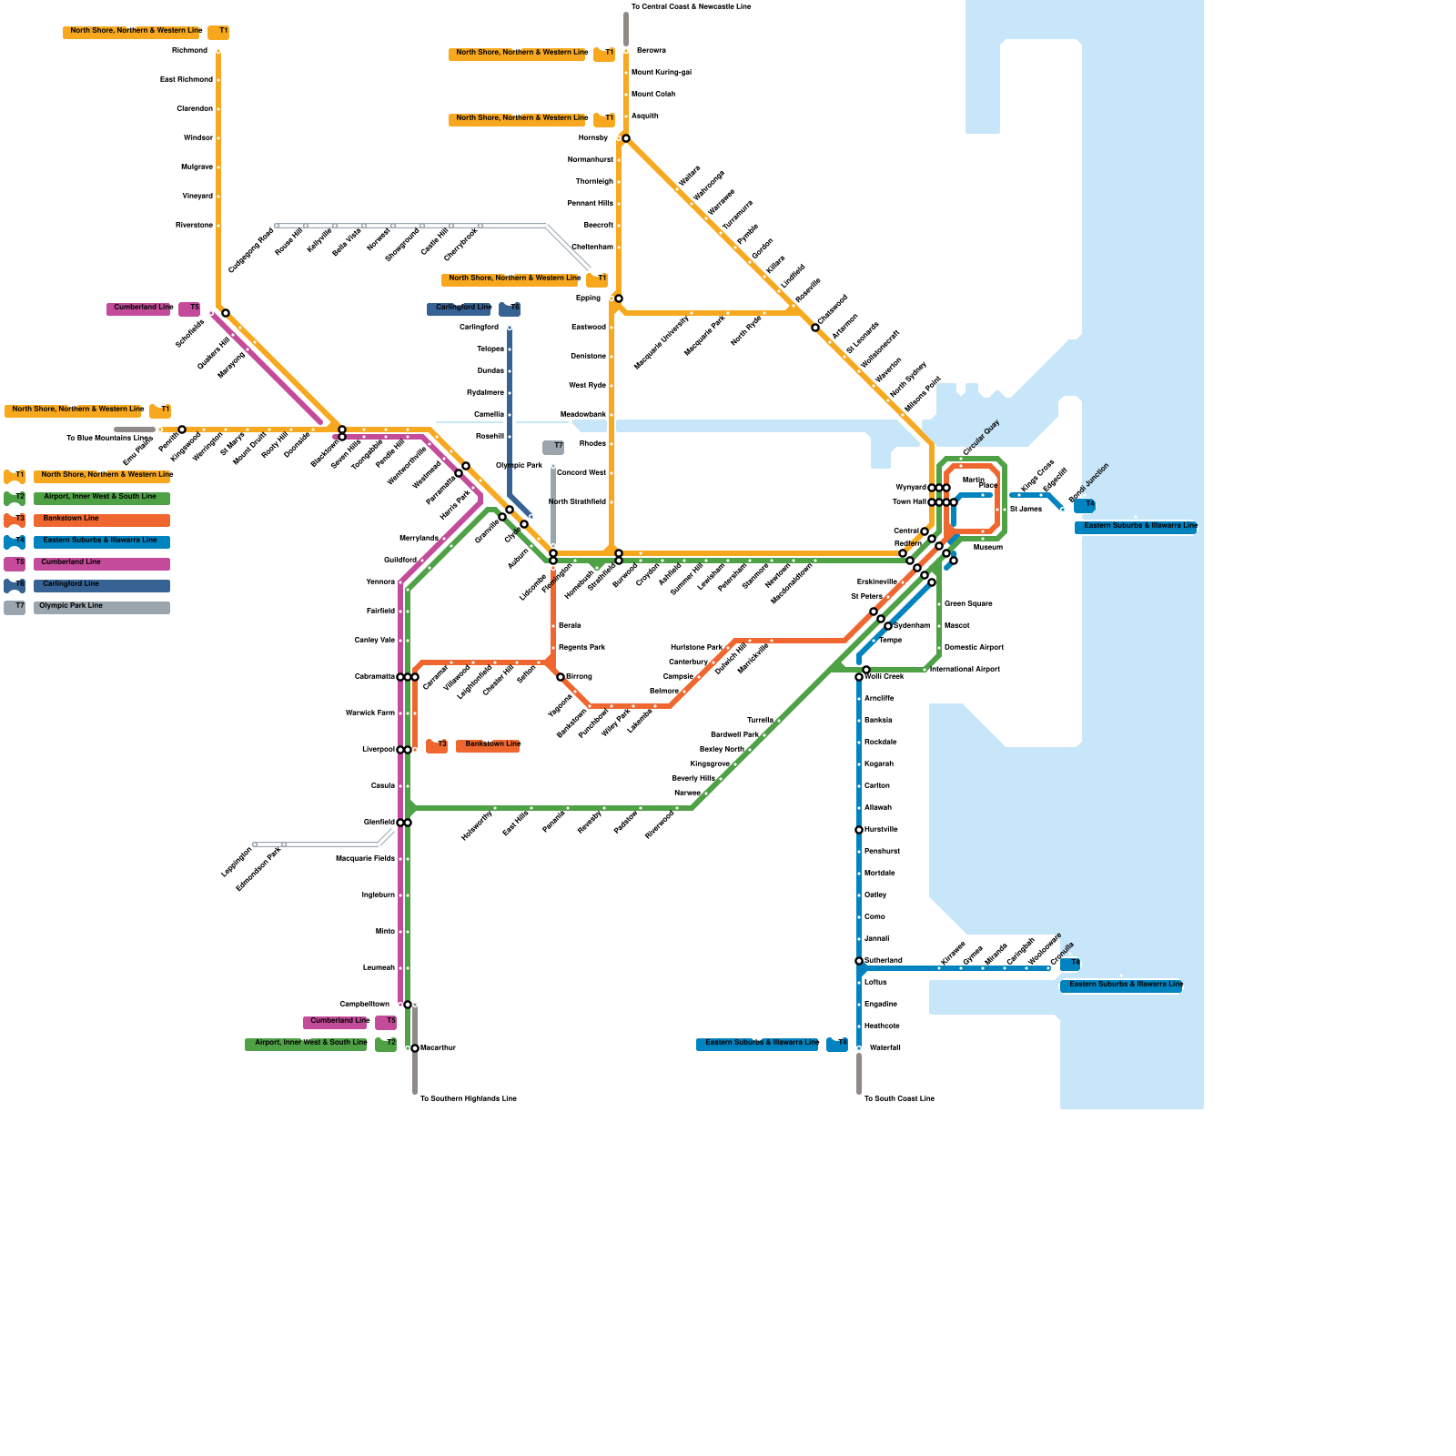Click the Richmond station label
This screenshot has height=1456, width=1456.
(x=189, y=51)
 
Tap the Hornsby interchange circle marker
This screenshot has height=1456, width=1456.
(x=626, y=138)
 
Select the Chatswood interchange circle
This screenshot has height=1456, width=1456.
(x=815, y=328)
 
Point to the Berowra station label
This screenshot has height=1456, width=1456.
(x=651, y=51)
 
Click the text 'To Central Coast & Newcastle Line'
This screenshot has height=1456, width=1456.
(x=692, y=7)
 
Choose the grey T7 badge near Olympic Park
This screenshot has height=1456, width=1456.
(x=553, y=447)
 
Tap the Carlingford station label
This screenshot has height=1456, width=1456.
(x=479, y=328)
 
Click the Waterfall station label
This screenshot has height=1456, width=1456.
(x=885, y=1048)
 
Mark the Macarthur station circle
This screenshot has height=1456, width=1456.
(x=415, y=1048)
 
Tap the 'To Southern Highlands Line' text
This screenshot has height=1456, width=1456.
(x=468, y=1099)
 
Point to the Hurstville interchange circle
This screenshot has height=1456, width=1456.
(x=859, y=830)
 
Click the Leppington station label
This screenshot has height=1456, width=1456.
(x=237, y=862)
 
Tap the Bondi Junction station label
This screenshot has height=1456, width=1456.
(x=1088, y=482)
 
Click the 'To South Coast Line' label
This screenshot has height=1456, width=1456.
(x=899, y=1099)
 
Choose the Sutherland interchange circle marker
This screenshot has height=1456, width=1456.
(x=859, y=961)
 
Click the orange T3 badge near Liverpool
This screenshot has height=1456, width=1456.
(x=437, y=746)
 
